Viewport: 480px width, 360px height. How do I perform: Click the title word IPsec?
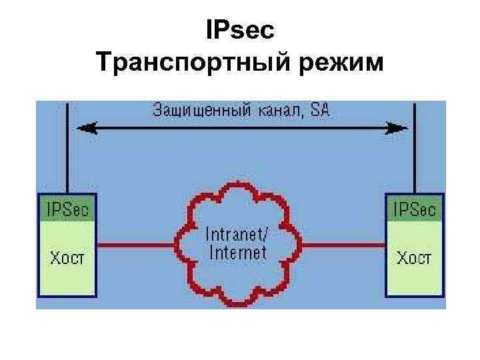point(241,31)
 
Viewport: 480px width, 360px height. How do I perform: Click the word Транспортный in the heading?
point(179,65)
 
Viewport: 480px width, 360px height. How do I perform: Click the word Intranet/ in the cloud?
point(238,235)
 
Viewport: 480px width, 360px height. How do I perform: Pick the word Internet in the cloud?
point(238,253)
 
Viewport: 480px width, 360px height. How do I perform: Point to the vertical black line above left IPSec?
point(69,153)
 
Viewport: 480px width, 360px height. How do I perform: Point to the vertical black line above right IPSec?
point(414,153)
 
